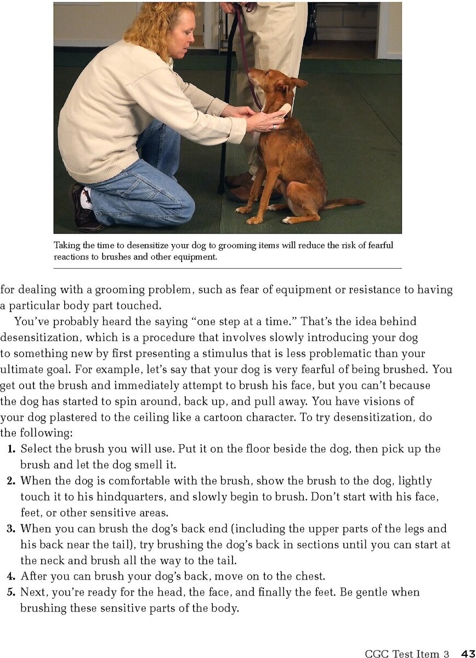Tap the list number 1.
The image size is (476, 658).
[x=11, y=449]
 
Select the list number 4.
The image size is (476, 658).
[x=11, y=576]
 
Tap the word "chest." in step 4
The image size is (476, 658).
[x=310, y=576]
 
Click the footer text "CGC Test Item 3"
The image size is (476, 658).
[x=407, y=654]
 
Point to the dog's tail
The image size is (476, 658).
[x=343, y=203]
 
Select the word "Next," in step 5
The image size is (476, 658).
[x=35, y=592]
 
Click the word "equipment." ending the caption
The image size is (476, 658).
[x=194, y=257]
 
